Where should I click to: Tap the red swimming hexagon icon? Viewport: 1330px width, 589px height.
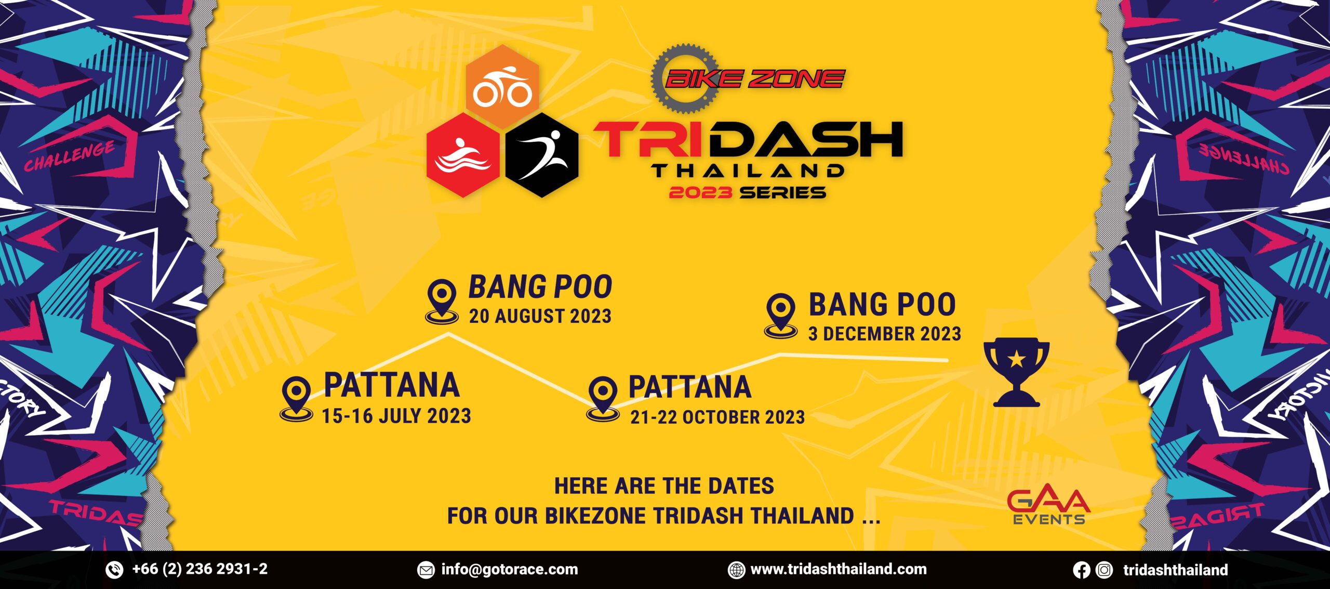[462, 155]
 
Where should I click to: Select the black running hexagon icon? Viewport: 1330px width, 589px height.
[542, 155]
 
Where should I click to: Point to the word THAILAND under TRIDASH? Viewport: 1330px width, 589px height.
[748, 171]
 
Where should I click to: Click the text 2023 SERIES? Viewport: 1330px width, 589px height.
[747, 193]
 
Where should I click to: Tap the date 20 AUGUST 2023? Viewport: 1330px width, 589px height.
[540, 316]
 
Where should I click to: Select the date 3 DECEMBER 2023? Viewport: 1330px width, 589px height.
[884, 334]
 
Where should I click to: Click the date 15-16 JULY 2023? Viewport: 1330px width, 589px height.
[396, 416]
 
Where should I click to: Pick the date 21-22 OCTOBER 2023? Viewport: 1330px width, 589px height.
[717, 417]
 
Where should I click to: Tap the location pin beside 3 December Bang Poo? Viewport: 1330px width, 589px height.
[780, 315]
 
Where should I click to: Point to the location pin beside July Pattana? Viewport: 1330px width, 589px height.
[296, 398]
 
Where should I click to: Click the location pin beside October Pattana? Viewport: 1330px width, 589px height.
[603, 398]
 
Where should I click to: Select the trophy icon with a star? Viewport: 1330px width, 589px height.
[1016, 371]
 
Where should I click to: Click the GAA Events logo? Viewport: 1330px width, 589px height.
[1048, 506]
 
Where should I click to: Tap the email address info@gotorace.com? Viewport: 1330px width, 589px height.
[509, 569]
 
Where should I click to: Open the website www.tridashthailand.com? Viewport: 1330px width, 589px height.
[838, 569]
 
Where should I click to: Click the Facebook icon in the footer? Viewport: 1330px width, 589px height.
[1081, 570]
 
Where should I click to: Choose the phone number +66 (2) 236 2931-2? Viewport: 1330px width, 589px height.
[199, 569]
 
